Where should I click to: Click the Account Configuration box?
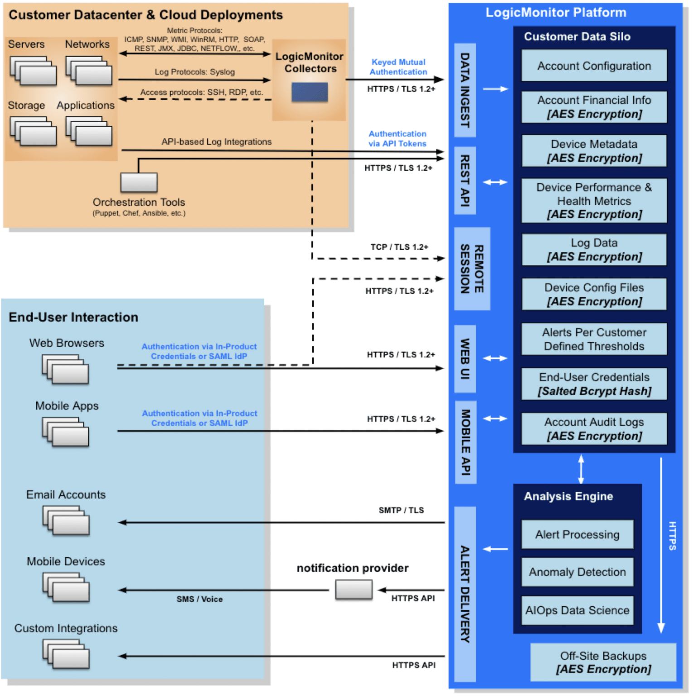click(x=594, y=66)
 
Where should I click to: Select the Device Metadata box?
click(x=594, y=151)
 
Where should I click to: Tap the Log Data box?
click(x=594, y=250)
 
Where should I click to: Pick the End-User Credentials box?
click(x=594, y=384)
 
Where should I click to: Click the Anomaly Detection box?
click(x=577, y=572)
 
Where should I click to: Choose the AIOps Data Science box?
click(x=577, y=610)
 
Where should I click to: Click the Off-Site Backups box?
click(x=603, y=662)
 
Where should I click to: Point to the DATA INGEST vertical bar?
click(x=465, y=90)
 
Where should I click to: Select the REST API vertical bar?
click(x=465, y=181)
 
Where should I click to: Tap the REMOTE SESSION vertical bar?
click(x=472, y=269)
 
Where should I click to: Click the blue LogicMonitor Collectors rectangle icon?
click(x=310, y=92)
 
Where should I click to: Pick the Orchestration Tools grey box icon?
click(x=139, y=182)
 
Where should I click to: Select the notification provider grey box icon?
click(x=354, y=590)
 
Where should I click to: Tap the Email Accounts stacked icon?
click(x=66, y=520)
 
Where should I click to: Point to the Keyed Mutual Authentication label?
click(x=398, y=67)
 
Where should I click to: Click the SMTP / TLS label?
click(x=401, y=510)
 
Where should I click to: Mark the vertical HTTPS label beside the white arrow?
click(x=673, y=536)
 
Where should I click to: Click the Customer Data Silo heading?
click(x=577, y=37)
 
